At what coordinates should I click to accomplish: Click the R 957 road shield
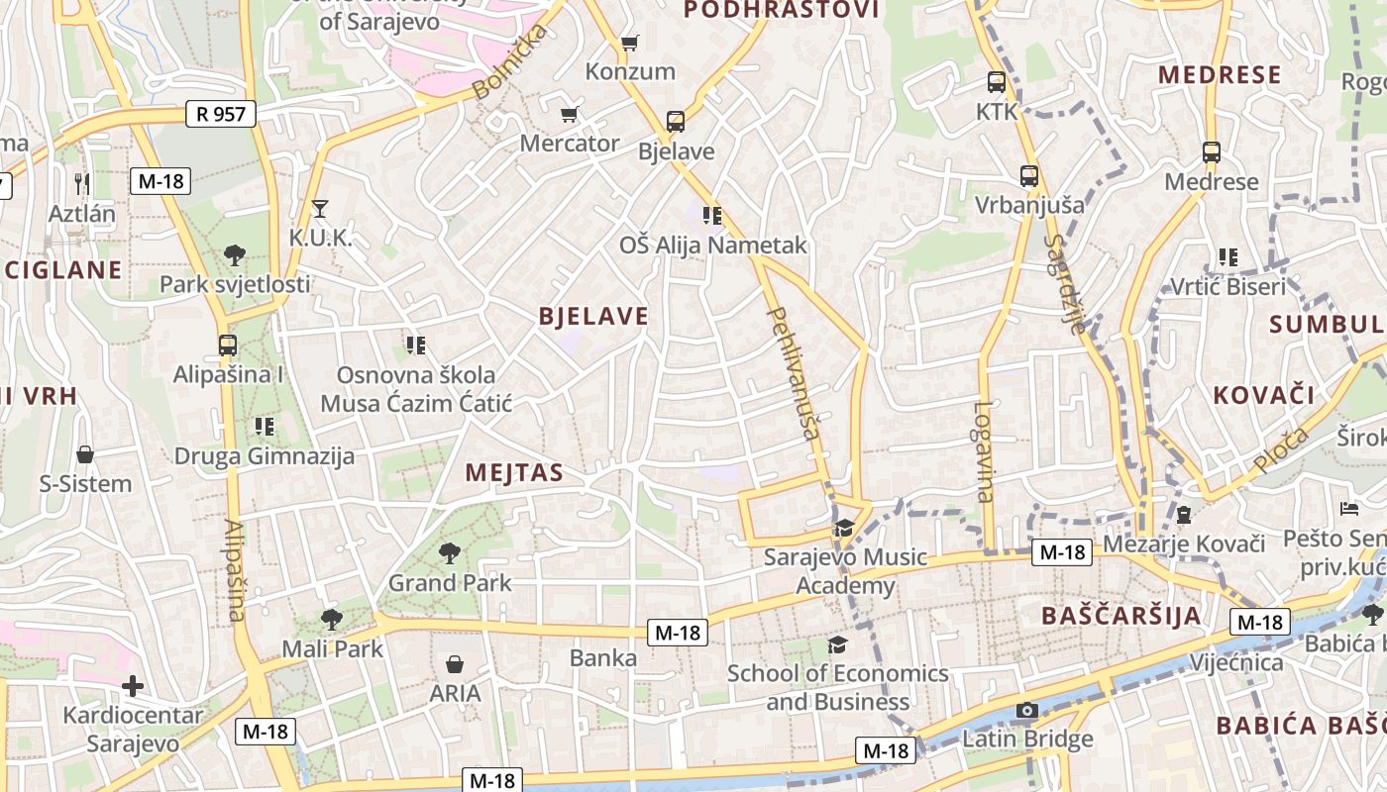221,114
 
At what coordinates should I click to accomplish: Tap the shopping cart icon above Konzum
629,43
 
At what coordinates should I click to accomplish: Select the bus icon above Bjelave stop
676,122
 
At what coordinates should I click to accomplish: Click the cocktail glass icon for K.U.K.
319,208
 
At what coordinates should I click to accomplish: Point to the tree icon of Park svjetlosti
235,255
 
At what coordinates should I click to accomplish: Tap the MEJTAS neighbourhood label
514,472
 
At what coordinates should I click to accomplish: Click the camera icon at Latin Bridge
1027,710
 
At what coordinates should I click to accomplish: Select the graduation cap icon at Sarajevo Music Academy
844,528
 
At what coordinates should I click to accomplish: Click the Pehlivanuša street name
796,373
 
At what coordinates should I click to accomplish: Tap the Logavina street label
983,451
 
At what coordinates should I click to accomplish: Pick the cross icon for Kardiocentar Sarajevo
133,686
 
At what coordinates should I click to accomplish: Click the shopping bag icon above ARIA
455,663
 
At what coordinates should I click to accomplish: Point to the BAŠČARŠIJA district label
1120,615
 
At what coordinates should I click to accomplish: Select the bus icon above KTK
997,82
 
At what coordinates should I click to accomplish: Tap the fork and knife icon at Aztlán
82,183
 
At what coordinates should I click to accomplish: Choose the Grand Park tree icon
450,552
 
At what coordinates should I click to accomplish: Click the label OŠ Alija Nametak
712,245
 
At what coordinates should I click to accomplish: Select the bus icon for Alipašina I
228,346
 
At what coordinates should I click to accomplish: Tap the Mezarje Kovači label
1184,544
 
